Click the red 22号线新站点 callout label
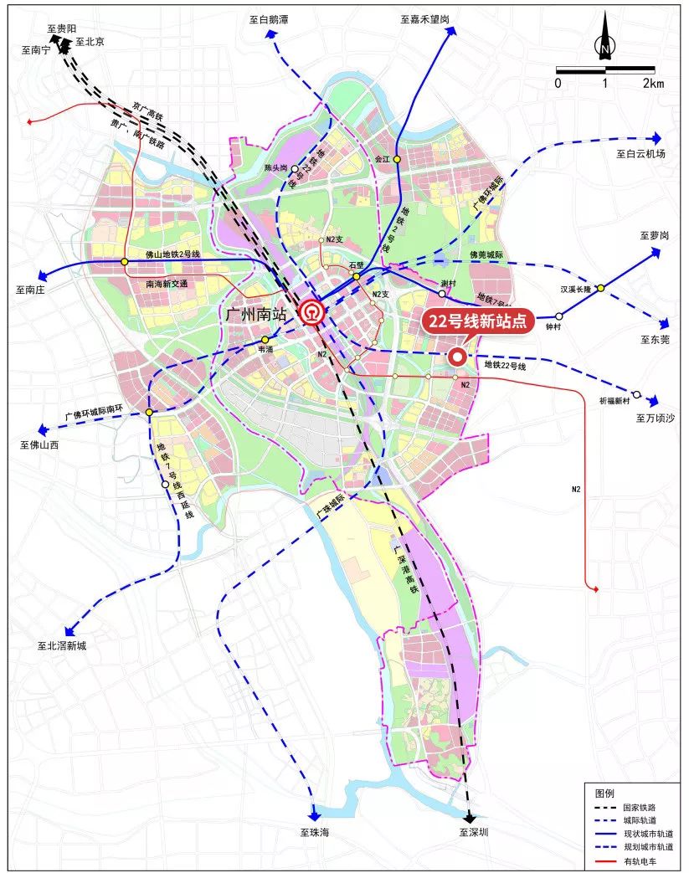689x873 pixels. [x=476, y=321]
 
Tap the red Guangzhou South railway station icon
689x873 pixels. [x=312, y=312]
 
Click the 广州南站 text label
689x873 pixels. [x=260, y=314]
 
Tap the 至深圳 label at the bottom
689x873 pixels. [x=473, y=833]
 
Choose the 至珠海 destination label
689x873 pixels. [x=316, y=833]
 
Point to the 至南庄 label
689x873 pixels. [x=33, y=290]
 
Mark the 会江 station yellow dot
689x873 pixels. [x=398, y=159]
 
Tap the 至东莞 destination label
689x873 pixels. [x=653, y=339]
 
